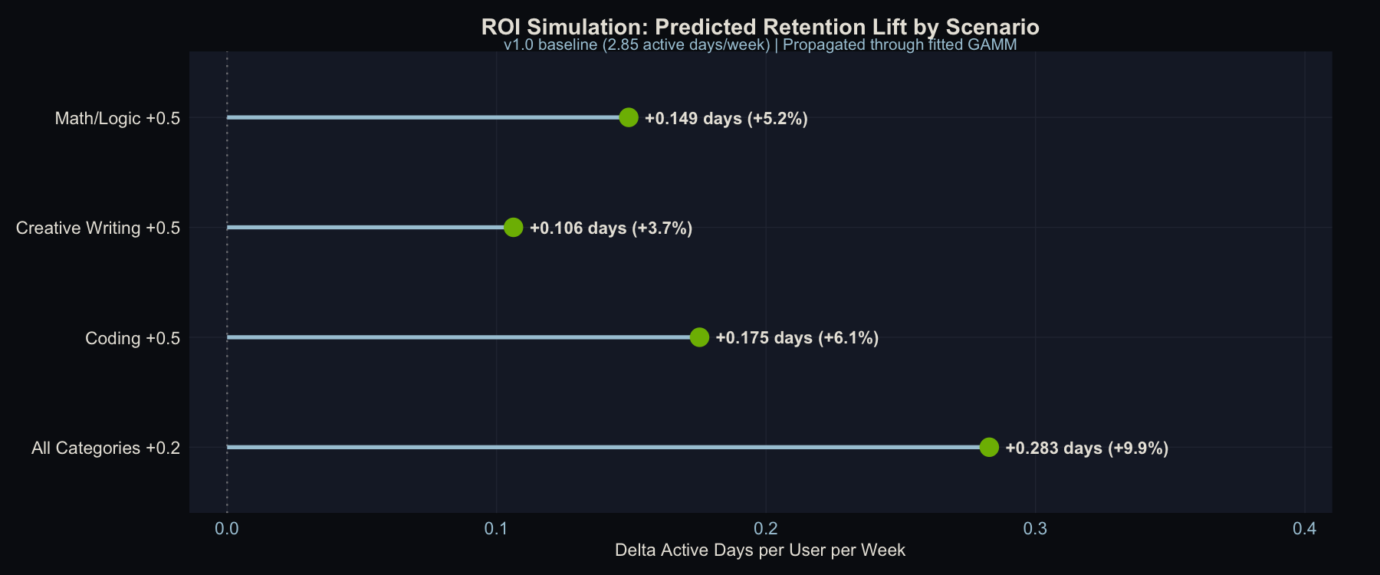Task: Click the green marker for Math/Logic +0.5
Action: (x=629, y=117)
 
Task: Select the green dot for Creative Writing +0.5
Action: (x=514, y=228)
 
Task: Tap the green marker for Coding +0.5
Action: (x=699, y=337)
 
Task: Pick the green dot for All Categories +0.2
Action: (x=989, y=447)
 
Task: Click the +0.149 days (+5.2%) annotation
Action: (x=726, y=119)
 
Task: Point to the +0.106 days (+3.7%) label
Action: (x=611, y=228)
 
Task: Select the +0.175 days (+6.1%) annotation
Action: (x=797, y=338)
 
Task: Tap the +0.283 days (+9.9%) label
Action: (x=1086, y=449)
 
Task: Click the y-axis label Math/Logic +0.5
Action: (x=117, y=118)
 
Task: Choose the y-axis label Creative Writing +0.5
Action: (x=98, y=228)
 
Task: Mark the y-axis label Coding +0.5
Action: (x=133, y=338)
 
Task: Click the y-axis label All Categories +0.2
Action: (x=106, y=448)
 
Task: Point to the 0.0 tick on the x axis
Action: (x=227, y=529)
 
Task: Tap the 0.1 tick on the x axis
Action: (x=496, y=529)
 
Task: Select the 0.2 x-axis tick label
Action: (x=766, y=529)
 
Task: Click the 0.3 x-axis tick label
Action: (x=1035, y=529)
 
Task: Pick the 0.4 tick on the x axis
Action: (x=1304, y=529)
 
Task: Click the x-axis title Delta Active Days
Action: (x=760, y=550)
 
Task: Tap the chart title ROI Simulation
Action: (x=760, y=27)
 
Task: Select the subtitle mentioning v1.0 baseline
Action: (x=760, y=44)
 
